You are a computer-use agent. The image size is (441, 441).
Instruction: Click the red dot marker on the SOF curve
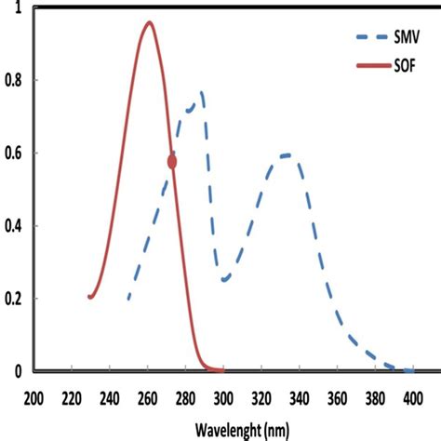click(x=172, y=161)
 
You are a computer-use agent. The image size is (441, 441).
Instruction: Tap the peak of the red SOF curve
click(x=149, y=22)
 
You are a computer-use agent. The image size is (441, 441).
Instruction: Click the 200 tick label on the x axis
click(x=33, y=397)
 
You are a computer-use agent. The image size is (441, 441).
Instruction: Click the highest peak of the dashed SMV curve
click(x=200, y=92)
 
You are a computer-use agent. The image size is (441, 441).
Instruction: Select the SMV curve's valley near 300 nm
click(x=224, y=279)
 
